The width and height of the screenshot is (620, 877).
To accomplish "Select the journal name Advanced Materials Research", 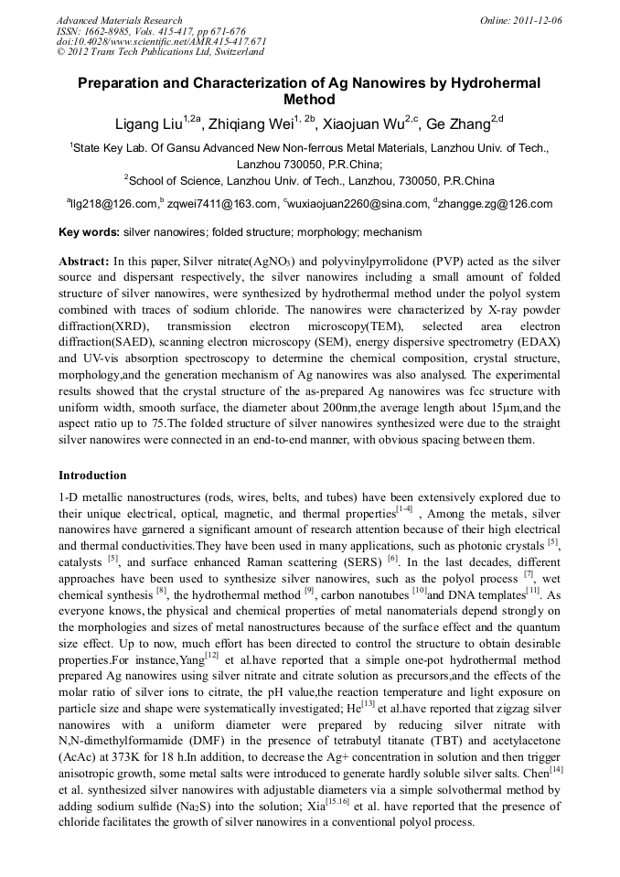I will (119, 19).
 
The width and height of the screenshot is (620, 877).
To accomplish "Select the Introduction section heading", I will (92, 476).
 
